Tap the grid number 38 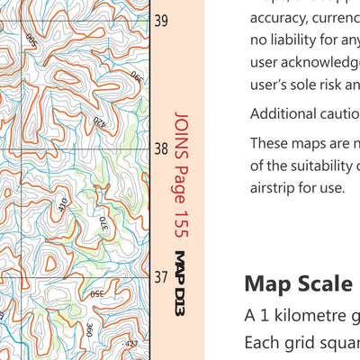161,148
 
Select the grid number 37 161,277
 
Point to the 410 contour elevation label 63,205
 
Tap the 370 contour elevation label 103,221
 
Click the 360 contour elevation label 90,330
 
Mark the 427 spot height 131,343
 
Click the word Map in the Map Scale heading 267,283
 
